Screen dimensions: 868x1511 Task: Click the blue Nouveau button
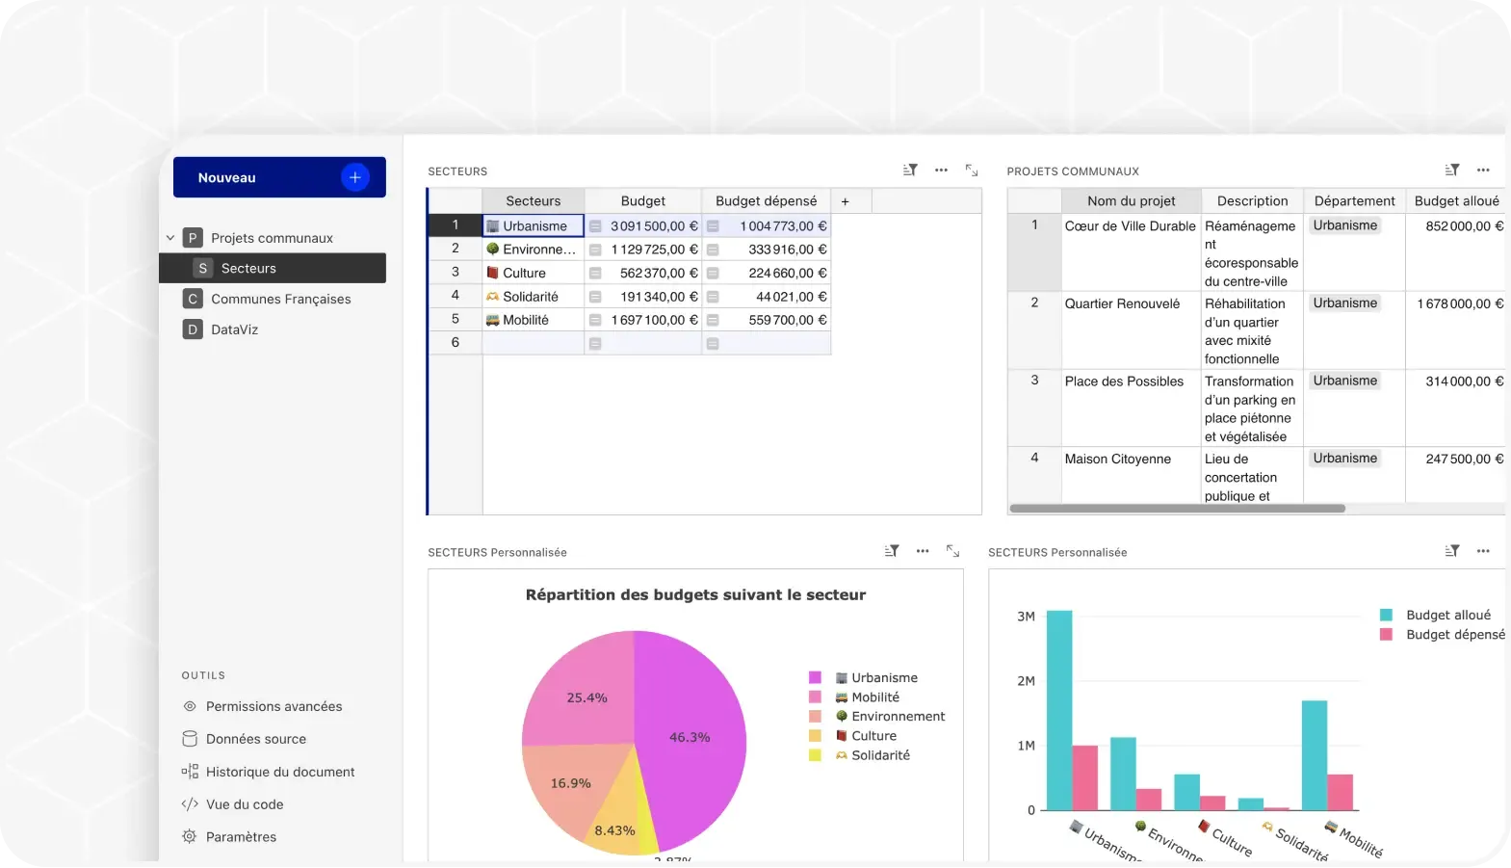[x=279, y=177]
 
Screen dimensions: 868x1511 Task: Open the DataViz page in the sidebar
[x=234, y=329]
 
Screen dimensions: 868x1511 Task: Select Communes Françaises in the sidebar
[x=280, y=299]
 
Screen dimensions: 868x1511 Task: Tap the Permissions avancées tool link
[x=274, y=706]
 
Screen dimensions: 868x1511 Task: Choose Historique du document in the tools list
[x=279, y=772]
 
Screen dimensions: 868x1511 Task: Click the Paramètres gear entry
[x=241, y=837]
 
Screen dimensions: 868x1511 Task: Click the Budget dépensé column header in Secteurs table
[x=766, y=200]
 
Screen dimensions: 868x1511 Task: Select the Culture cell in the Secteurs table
[x=533, y=273]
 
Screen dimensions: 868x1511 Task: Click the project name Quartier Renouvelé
[x=1122, y=303]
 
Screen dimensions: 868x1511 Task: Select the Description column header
[x=1252, y=200]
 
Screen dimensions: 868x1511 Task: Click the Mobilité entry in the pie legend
[x=874, y=697]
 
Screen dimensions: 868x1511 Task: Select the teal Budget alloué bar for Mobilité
[x=1314, y=755]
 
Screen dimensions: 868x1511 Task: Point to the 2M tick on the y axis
[x=1026, y=681]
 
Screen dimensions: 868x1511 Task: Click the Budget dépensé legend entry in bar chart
[x=1454, y=635]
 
